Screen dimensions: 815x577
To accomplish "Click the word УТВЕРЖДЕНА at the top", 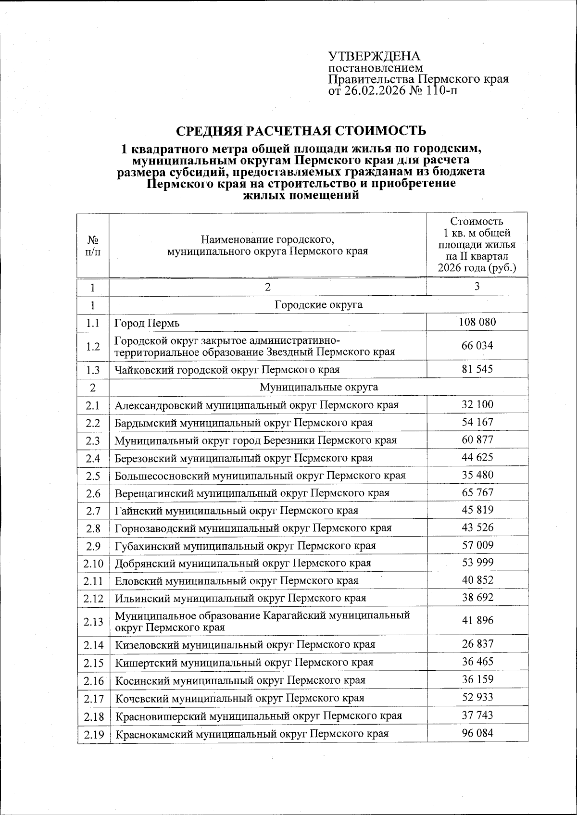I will click(x=374, y=57).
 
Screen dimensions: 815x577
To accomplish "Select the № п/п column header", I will click(x=93, y=245).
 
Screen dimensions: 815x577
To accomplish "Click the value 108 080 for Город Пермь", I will click(x=477, y=322).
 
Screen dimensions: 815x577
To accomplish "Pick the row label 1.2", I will click(x=93, y=346).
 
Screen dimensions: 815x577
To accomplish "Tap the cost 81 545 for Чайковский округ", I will click(x=477, y=369).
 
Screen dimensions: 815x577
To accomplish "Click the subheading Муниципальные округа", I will click(x=318, y=387).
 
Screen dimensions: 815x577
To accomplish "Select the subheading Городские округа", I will click(x=318, y=305).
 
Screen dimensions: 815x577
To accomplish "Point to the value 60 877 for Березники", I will click(x=477, y=440).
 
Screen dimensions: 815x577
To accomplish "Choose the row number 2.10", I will click(x=93, y=563).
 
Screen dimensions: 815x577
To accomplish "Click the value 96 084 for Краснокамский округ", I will click(x=477, y=733).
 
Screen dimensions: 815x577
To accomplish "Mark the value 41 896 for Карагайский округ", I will click(x=477, y=621).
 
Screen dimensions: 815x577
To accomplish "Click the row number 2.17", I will click(x=93, y=698).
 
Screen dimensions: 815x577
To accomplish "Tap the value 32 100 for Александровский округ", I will click(x=477, y=405).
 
